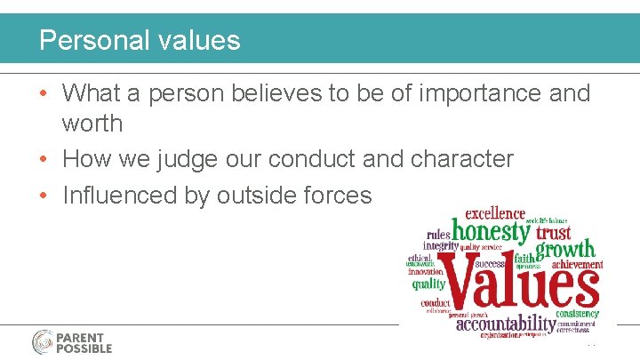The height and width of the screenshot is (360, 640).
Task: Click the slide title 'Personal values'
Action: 140,40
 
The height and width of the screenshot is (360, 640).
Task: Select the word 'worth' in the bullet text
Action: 92,122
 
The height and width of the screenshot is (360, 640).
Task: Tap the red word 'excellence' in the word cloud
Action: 489,213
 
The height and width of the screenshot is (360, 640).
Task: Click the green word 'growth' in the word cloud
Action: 565,250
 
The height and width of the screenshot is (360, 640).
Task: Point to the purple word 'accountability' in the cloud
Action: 505,324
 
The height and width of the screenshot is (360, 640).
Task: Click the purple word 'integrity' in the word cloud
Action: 440,245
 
